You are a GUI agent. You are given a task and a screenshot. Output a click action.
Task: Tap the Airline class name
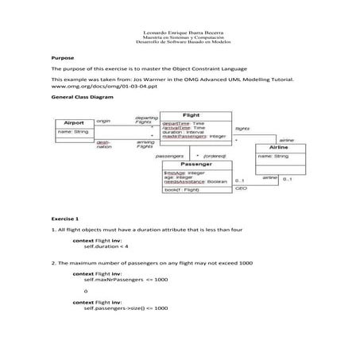tap(278, 148)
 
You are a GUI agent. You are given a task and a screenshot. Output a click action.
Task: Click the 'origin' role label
tap(103, 120)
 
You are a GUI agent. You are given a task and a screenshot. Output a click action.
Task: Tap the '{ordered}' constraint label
tap(215, 156)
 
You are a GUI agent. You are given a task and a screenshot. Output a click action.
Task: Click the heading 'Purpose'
tap(62, 58)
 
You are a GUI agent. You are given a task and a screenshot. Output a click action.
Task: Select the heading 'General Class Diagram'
tap(82, 95)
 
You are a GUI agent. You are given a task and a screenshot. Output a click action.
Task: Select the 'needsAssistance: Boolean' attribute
tap(195, 182)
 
